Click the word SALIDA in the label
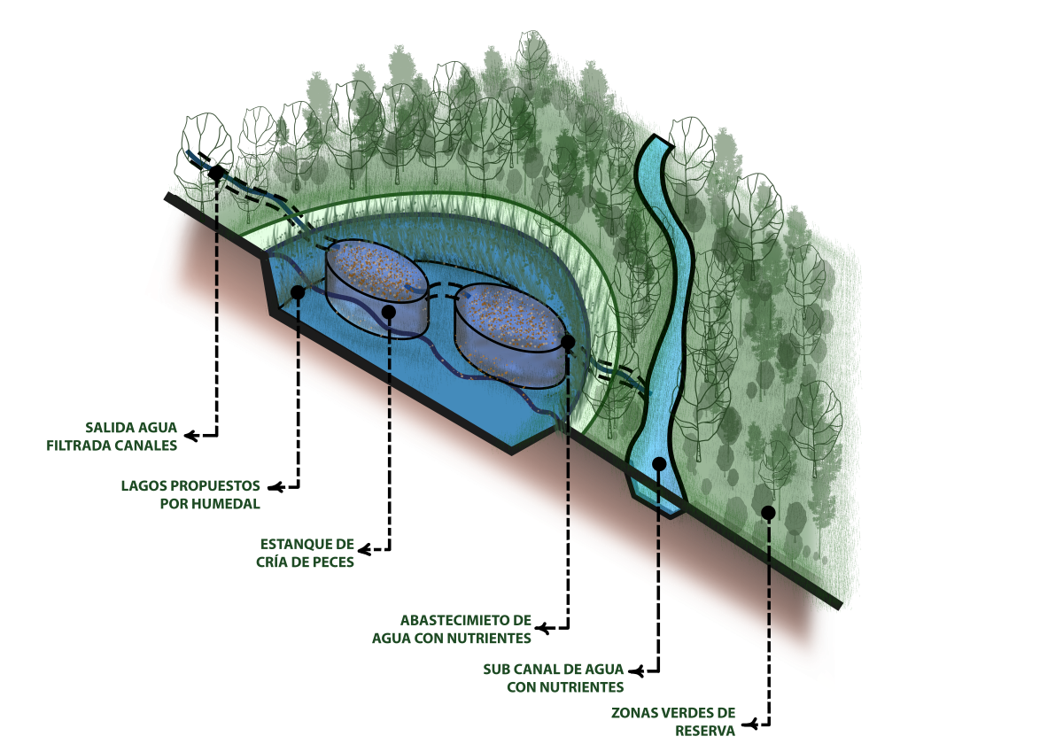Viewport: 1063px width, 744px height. click(106, 428)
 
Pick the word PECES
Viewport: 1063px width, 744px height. click(333, 562)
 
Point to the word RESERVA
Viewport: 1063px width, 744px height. click(705, 732)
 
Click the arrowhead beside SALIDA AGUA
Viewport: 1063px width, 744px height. click(190, 435)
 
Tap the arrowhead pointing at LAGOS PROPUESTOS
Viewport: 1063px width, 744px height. click(275, 487)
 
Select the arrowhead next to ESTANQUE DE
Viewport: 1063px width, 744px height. click(364, 550)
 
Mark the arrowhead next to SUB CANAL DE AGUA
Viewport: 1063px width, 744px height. click(636, 671)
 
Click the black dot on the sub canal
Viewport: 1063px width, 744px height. click(659, 464)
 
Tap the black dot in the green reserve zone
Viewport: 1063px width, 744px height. click(768, 513)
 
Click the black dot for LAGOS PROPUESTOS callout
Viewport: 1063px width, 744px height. click(297, 292)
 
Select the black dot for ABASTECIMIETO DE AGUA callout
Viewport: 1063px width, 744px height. click(568, 342)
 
